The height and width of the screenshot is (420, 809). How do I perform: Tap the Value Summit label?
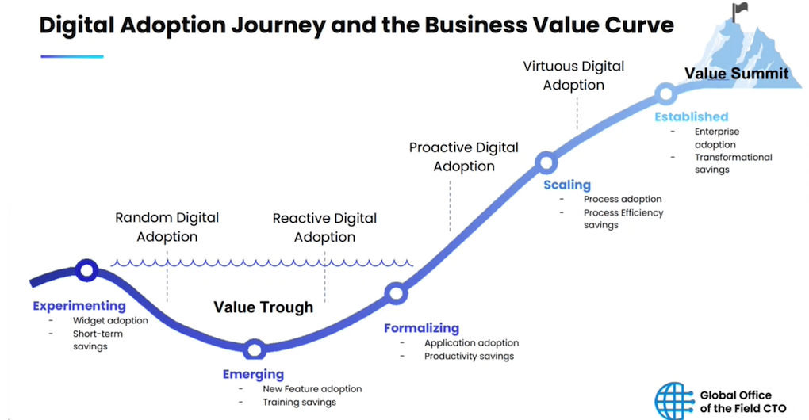tap(736, 74)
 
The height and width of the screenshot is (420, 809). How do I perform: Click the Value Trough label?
tap(263, 307)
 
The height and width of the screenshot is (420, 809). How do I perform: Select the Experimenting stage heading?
tap(79, 306)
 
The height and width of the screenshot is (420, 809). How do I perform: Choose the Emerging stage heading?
tap(253, 374)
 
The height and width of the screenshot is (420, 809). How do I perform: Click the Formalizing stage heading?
tap(421, 328)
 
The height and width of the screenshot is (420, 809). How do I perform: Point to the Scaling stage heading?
tap(567, 185)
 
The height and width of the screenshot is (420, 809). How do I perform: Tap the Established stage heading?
tap(692, 116)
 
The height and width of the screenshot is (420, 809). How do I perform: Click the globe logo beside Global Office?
tap(674, 400)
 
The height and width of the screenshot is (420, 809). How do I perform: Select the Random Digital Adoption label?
tap(167, 227)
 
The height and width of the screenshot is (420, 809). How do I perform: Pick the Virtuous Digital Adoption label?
tap(573, 75)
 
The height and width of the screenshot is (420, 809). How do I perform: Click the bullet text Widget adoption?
tap(110, 320)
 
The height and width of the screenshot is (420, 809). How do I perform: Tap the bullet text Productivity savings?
tap(469, 356)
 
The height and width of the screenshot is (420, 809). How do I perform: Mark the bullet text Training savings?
tap(299, 402)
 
